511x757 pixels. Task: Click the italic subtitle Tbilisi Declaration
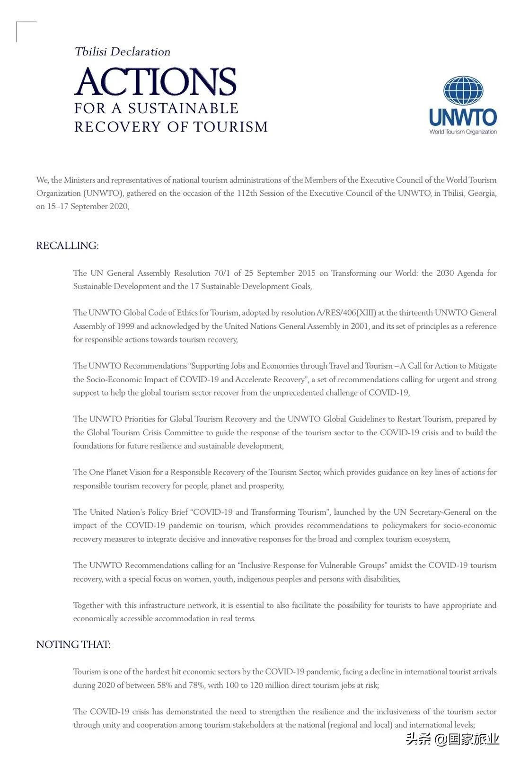coord(123,52)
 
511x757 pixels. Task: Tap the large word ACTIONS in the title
coord(156,82)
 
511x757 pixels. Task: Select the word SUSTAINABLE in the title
coord(183,108)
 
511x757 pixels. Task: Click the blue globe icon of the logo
coord(463,90)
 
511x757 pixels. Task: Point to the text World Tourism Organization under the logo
coord(463,132)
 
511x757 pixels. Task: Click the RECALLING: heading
coord(67,246)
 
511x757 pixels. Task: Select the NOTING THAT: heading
coord(73,644)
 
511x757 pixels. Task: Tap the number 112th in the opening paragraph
coord(247,193)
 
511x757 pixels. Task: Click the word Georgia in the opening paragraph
coord(482,193)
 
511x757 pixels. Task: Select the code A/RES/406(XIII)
coord(347,313)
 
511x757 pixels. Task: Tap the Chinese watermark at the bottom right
coord(453,739)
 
